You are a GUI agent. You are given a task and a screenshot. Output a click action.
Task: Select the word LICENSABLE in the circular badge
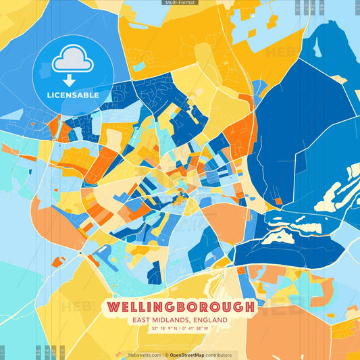pos(73,95)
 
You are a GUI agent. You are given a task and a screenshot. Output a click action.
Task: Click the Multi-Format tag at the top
pos(180,3)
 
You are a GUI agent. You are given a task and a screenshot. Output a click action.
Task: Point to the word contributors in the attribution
pos(219,355)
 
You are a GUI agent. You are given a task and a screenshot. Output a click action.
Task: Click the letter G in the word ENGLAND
pos(204,319)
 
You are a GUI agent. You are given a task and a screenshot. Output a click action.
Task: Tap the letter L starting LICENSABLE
pos(49,95)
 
